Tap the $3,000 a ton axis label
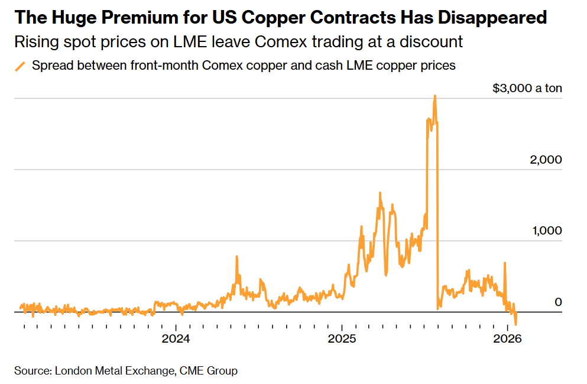527,89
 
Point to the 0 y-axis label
558,302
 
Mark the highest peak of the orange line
435,96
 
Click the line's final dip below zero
516,324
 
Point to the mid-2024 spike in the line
236,257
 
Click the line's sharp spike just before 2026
505,263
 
